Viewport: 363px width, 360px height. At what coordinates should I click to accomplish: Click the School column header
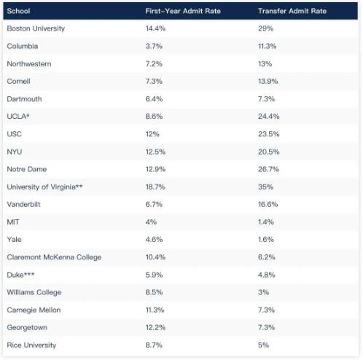click(18, 11)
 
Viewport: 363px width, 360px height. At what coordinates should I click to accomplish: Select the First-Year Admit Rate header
click(183, 11)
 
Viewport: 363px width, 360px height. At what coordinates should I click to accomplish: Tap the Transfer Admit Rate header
click(292, 11)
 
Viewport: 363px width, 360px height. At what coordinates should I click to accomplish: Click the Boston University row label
click(36, 28)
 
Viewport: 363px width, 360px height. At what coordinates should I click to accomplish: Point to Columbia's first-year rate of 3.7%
click(154, 46)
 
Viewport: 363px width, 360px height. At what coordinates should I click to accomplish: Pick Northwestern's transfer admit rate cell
click(265, 64)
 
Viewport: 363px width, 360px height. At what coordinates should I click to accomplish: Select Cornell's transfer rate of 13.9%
click(268, 82)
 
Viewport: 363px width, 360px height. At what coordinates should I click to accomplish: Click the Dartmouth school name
click(24, 99)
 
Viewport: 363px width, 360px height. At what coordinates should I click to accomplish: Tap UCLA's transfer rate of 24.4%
click(268, 117)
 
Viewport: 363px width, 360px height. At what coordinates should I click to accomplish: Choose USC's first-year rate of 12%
click(152, 134)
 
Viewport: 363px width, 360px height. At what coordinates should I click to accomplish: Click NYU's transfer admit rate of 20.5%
click(268, 152)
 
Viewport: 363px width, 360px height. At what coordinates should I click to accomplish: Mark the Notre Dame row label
click(27, 169)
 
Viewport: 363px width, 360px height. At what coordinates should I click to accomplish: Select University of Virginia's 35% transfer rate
click(265, 187)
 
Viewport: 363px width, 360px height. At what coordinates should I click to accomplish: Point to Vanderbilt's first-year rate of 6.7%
click(154, 204)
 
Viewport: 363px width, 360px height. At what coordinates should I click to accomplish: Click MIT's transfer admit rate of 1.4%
click(266, 222)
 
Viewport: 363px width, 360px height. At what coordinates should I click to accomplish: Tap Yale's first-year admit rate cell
click(154, 240)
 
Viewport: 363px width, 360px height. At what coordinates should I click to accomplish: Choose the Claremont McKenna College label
click(54, 257)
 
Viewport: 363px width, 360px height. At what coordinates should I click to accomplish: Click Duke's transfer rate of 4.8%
click(266, 275)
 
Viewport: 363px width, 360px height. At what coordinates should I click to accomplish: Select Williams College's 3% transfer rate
click(263, 292)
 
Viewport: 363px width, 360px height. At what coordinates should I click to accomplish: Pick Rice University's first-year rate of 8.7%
click(154, 345)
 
